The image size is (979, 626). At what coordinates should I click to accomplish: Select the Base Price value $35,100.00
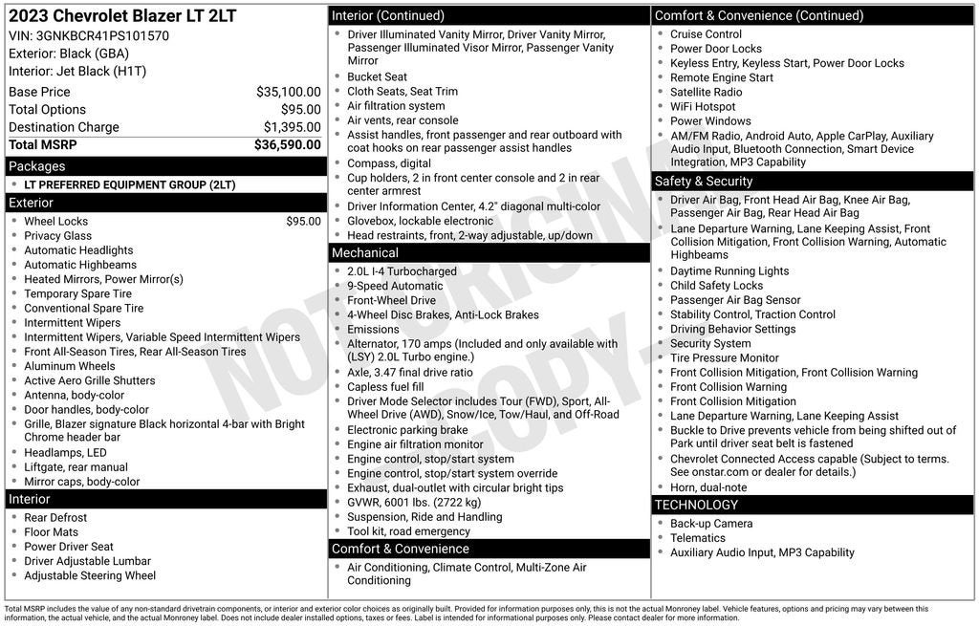click(x=288, y=92)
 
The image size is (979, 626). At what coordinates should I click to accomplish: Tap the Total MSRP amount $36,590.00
click(x=287, y=145)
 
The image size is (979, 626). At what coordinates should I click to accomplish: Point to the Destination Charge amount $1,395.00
click(x=292, y=127)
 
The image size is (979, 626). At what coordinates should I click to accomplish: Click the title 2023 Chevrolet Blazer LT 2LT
click(x=122, y=16)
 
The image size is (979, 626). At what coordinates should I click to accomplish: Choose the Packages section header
click(x=37, y=166)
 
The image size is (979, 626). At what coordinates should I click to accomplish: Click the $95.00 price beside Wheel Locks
click(x=303, y=222)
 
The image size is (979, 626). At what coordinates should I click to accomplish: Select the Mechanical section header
click(x=365, y=253)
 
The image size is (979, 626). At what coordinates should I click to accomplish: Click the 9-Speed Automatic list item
click(x=395, y=286)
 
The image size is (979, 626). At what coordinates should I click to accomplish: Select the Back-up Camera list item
click(x=710, y=524)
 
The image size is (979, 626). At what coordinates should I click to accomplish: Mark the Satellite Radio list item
click(x=706, y=93)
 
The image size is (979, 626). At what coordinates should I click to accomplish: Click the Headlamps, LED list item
click(x=65, y=453)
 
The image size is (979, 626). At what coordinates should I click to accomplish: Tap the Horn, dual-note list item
click(x=708, y=487)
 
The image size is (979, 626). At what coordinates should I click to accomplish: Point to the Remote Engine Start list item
click(x=721, y=78)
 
